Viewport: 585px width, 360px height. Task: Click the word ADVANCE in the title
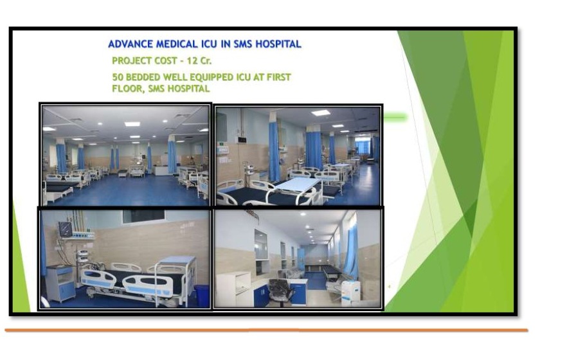point(130,44)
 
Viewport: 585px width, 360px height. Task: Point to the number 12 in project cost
point(192,60)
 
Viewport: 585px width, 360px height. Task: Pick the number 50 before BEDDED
point(118,77)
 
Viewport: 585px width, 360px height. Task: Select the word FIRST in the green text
point(278,77)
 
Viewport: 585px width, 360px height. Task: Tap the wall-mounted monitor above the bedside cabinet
point(65,229)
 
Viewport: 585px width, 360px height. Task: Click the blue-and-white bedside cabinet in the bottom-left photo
point(60,283)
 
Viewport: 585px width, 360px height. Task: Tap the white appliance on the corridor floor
point(350,292)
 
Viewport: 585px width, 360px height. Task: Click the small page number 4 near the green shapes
point(389,287)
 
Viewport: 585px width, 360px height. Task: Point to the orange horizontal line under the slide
point(266,330)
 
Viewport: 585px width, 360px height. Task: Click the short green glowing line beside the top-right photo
point(395,118)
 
